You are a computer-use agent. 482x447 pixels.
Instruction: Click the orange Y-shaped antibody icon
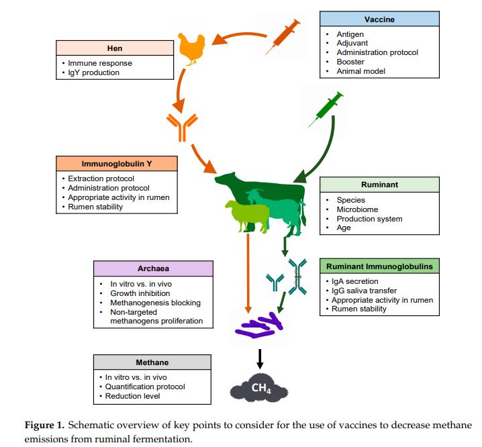[x=182, y=126]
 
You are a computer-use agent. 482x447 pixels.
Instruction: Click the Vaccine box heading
[x=379, y=19]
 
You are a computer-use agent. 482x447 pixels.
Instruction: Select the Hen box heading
[x=114, y=48]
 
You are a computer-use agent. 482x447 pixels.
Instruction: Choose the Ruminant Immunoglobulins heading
[x=379, y=266]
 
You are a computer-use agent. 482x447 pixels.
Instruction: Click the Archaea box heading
[x=153, y=268]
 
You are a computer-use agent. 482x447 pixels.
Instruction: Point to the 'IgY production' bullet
[x=94, y=72]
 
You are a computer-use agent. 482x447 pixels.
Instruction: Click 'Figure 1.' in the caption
[x=46, y=426]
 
